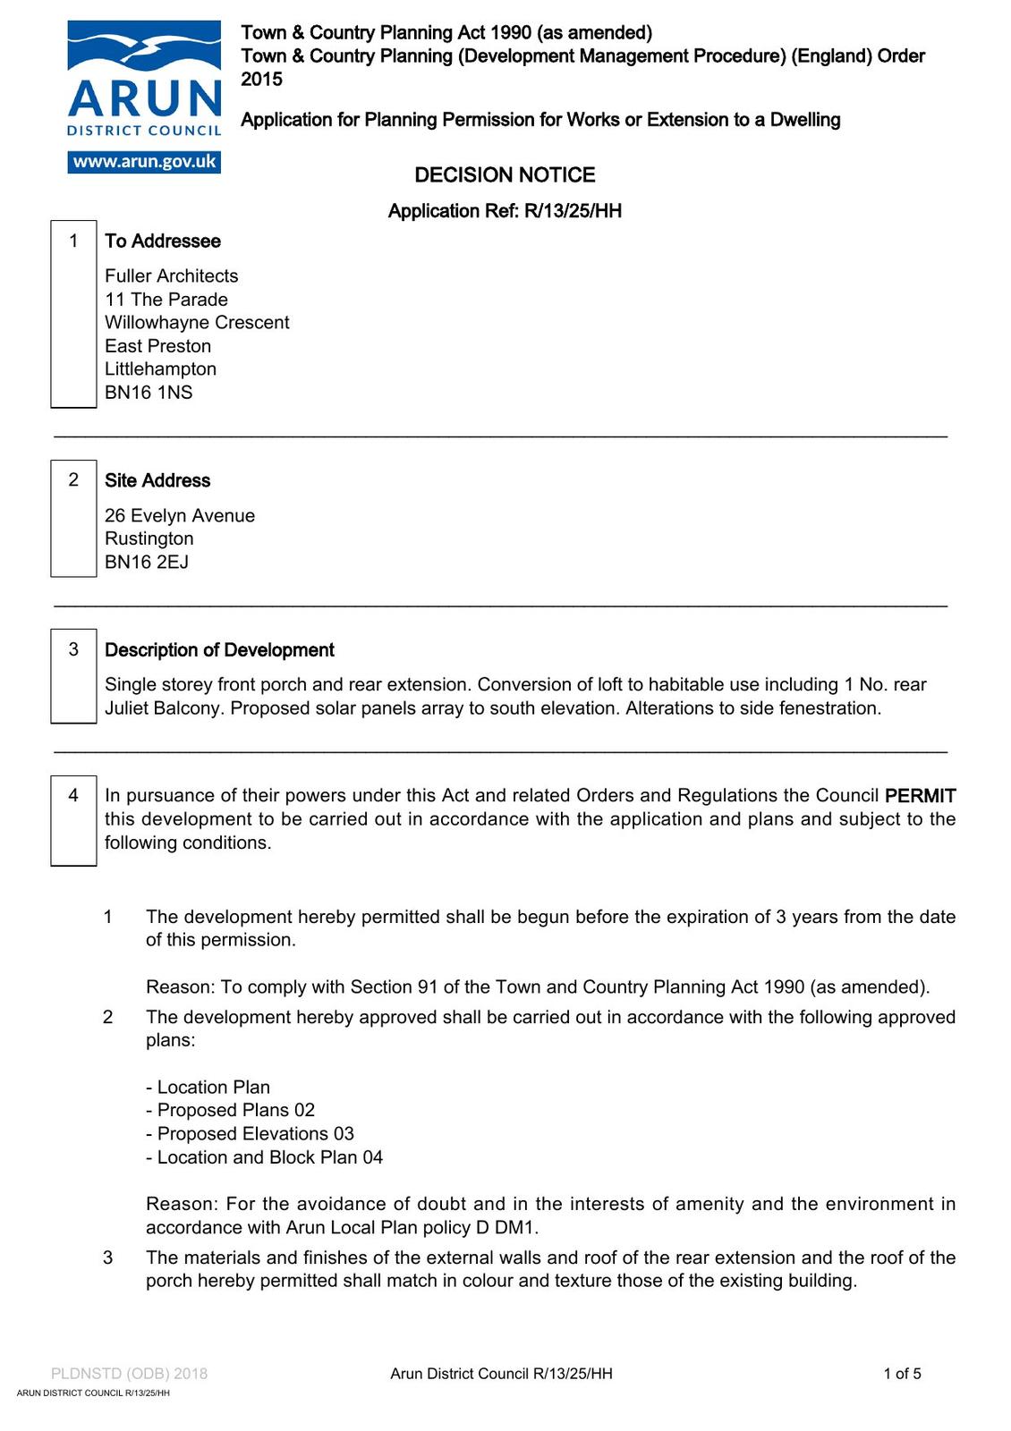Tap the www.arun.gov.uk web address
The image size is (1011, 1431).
[144, 162]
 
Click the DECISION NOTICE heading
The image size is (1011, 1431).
[505, 175]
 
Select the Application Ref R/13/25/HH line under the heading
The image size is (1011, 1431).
[505, 211]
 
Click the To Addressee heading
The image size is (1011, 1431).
[163, 241]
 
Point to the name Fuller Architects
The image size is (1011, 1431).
[172, 276]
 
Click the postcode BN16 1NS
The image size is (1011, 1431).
[149, 393]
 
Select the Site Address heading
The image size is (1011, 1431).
[157, 480]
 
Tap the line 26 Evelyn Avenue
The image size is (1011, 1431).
[180, 516]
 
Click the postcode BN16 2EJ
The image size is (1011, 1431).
[147, 563]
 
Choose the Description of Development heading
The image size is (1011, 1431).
[219, 650]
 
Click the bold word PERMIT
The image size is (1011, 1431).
[920, 796]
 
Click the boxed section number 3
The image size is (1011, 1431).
[73, 649]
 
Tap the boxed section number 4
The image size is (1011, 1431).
[73, 795]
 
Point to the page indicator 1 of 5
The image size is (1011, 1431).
[902, 1374]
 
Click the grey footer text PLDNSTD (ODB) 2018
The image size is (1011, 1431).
[129, 1374]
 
